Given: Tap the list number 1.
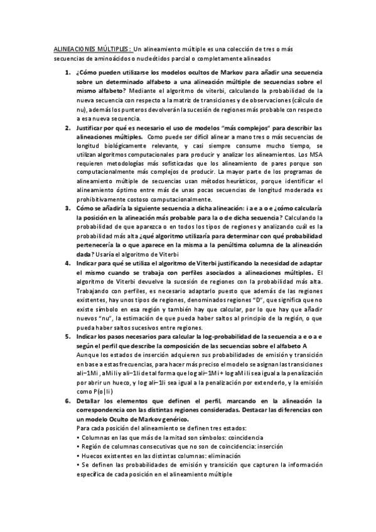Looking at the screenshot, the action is pos(68,73).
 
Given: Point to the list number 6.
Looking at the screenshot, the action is pos(68,400).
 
